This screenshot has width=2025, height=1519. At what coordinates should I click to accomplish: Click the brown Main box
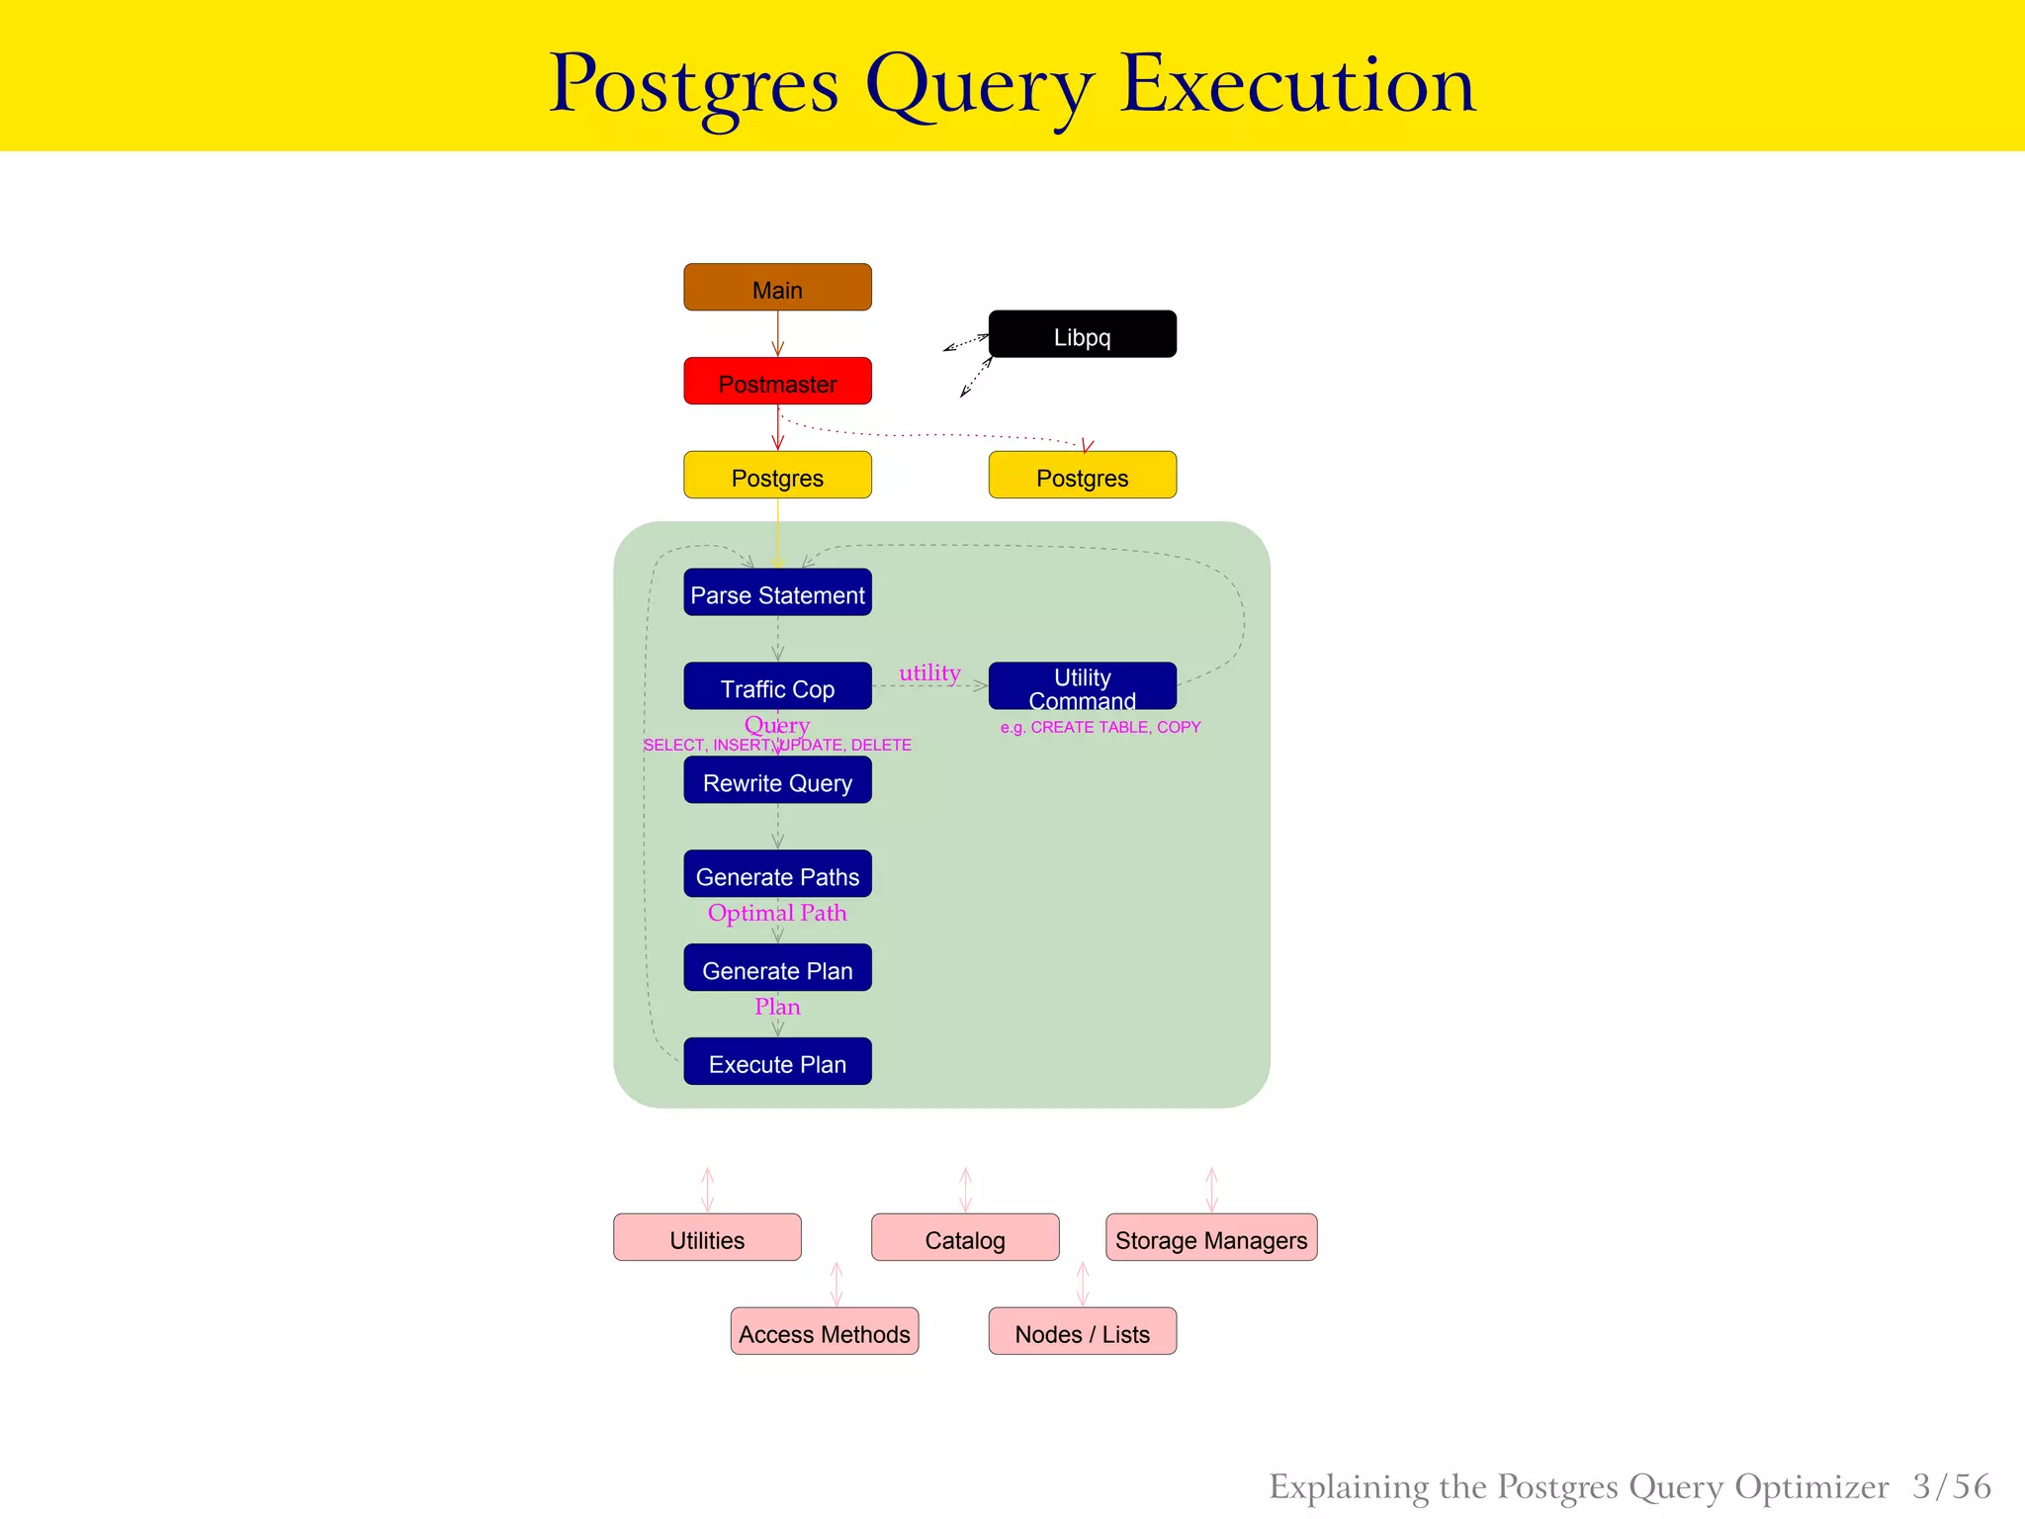tap(777, 287)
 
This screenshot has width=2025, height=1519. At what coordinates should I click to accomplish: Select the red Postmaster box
tap(777, 381)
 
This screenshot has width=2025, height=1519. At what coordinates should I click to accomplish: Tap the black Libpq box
tap(1082, 334)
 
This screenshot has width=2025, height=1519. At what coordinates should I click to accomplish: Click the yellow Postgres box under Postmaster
tap(777, 475)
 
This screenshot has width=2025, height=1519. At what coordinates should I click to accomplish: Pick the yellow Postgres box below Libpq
tap(1082, 475)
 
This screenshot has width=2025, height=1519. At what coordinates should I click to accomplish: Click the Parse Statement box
tap(777, 592)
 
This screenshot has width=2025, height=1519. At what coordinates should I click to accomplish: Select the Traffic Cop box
tap(777, 686)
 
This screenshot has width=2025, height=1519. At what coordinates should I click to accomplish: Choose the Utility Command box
tap(1082, 686)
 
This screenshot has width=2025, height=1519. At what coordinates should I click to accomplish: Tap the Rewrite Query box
tap(777, 780)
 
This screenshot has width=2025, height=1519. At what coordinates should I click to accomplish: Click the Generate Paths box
tap(777, 874)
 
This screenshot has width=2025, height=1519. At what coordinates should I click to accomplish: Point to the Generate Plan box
tap(777, 968)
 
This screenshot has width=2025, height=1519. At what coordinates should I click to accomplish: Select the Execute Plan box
tap(777, 1062)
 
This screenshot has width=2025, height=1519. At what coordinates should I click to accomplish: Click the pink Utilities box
tap(707, 1238)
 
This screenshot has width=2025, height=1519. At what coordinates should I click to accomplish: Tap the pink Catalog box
tap(965, 1238)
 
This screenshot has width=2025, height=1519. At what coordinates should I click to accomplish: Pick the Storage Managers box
tap(1211, 1238)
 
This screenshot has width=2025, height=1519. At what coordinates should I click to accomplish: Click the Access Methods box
tap(824, 1332)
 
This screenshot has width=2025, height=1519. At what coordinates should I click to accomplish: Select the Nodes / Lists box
tap(1082, 1332)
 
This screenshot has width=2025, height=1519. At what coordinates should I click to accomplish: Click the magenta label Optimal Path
tap(777, 913)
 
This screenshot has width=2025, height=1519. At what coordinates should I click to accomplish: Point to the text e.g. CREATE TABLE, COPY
tap(1100, 727)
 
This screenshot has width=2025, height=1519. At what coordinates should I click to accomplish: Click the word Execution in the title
tap(1296, 85)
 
